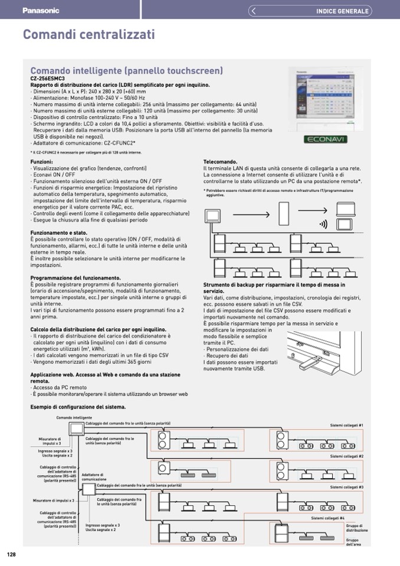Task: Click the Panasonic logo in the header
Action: pyautogui.click(x=41, y=11)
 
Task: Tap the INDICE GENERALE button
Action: pyautogui.click(x=342, y=11)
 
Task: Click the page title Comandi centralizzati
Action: pyautogui.click(x=89, y=35)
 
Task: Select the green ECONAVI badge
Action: pyautogui.click(x=325, y=140)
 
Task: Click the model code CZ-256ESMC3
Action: pyautogui.click(x=47, y=78)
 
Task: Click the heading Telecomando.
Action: pyautogui.click(x=221, y=162)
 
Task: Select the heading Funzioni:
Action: pyautogui.click(x=42, y=162)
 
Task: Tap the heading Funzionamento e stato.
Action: pyautogui.click(x=59, y=233)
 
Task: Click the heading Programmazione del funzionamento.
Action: pyautogui.click(x=76, y=277)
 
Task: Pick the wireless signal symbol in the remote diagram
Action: pyautogui.click(x=323, y=224)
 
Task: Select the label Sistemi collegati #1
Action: pyautogui.click(x=346, y=425)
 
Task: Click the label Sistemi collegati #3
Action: pyautogui.click(x=346, y=487)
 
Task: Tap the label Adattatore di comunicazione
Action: pyautogui.click(x=94, y=477)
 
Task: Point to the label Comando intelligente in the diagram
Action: pyautogui.click(x=74, y=418)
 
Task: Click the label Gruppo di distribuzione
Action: pyautogui.click(x=356, y=528)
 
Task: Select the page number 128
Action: pyautogui.click(x=11, y=554)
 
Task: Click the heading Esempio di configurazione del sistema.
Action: pyautogui.click(x=78, y=407)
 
